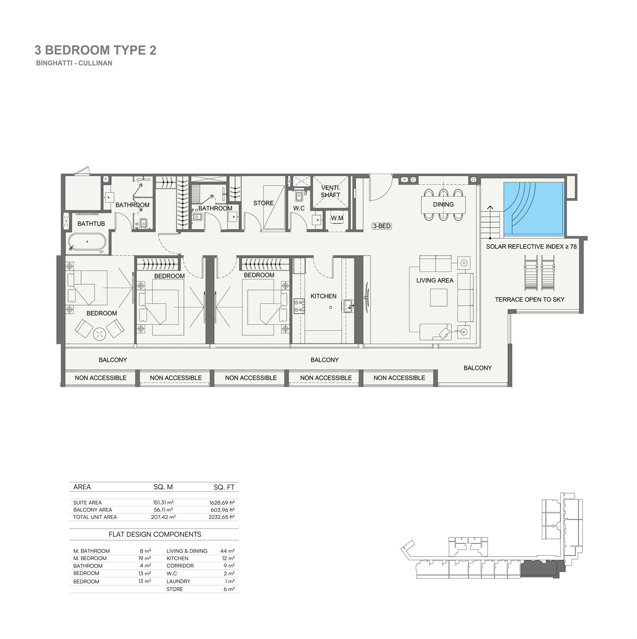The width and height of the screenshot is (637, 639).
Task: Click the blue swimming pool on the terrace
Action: click(533, 209)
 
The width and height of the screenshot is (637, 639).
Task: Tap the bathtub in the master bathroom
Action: click(87, 242)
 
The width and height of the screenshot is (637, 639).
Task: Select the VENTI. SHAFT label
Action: click(331, 191)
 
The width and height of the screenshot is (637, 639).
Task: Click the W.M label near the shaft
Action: click(337, 218)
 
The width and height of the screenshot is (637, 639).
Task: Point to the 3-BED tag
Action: click(382, 226)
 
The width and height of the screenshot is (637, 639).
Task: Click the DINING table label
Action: click(443, 205)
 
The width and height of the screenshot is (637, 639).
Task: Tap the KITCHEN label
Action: click(323, 296)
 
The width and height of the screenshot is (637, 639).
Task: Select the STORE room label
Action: click(263, 203)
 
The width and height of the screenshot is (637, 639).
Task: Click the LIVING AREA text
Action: click(435, 281)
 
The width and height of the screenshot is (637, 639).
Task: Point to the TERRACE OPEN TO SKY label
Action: click(529, 300)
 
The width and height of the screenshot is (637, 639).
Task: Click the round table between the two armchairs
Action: click(99, 334)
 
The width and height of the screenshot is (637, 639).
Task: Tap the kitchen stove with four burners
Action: click(299, 306)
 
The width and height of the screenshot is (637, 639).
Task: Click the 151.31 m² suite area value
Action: click(163, 502)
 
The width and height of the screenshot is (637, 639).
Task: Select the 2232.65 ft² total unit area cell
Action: click(222, 517)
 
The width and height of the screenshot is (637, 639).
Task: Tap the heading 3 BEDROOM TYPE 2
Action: click(95, 50)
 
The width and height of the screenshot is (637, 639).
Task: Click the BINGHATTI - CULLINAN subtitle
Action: click(74, 63)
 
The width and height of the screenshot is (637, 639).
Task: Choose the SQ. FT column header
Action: click(224, 487)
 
